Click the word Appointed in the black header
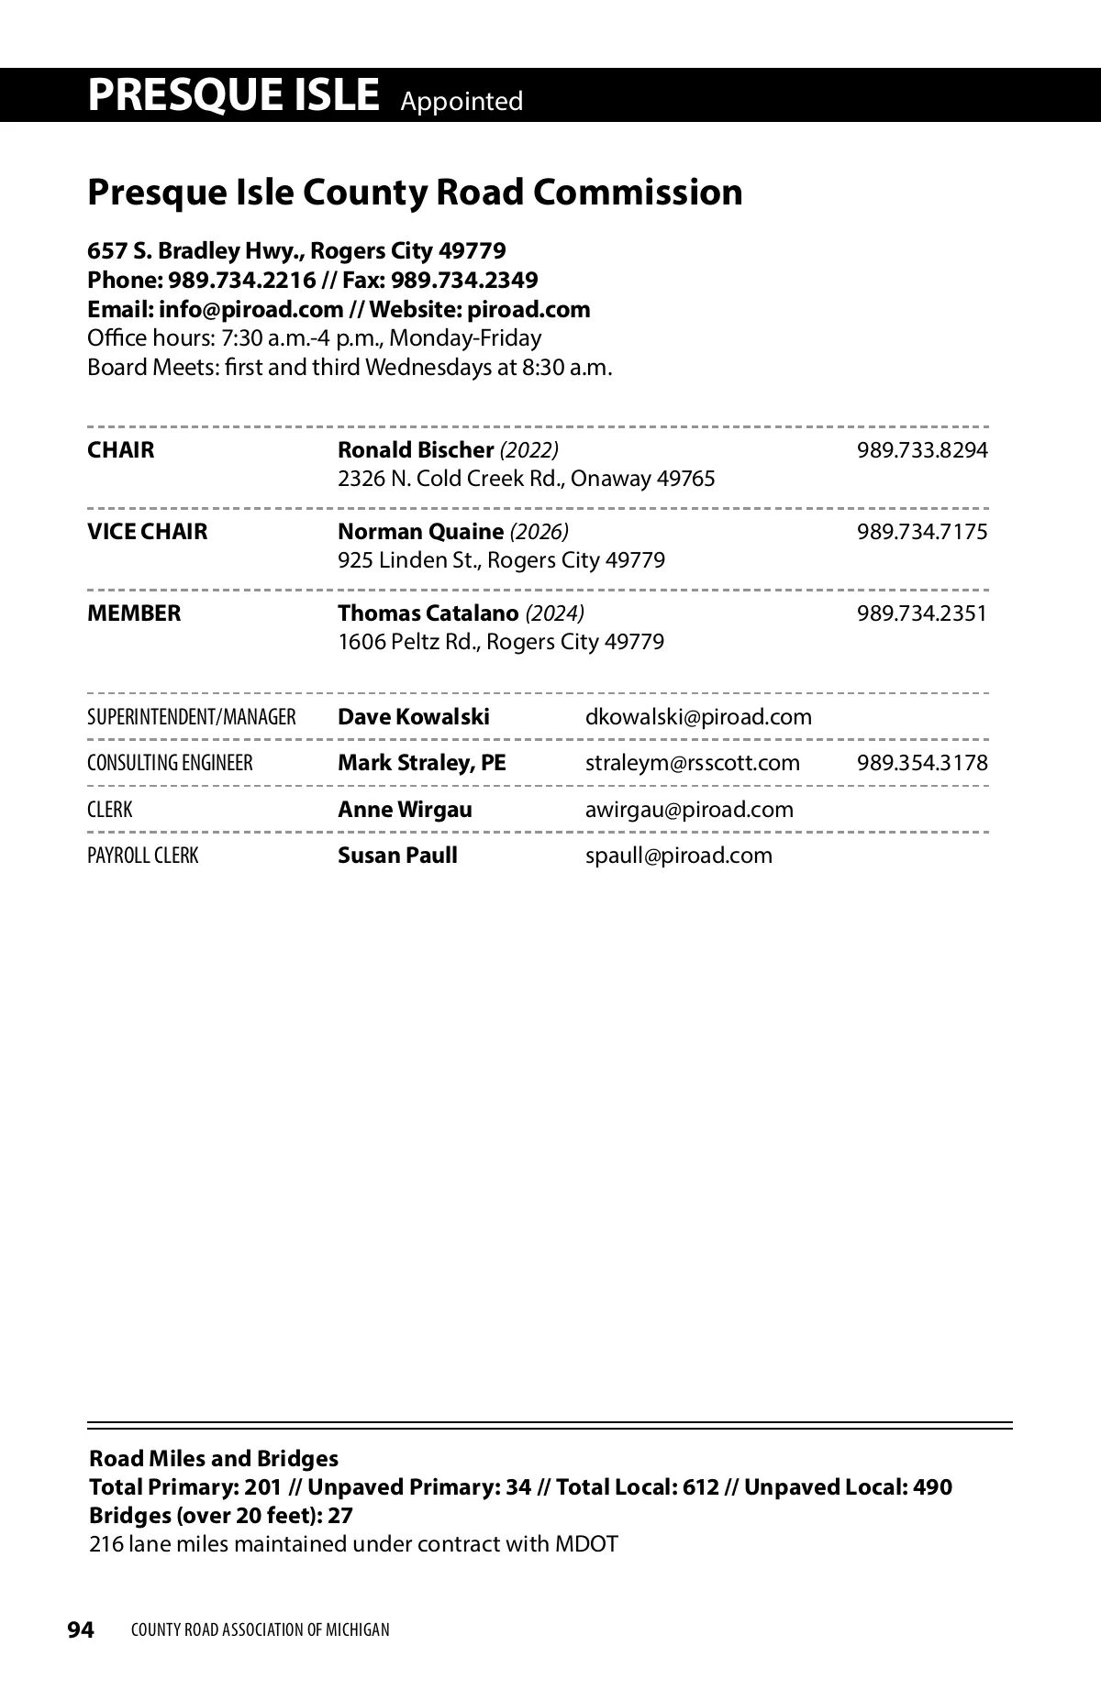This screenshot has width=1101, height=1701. click(x=462, y=101)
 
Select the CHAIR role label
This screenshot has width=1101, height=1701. click(x=121, y=450)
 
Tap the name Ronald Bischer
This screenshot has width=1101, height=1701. click(x=416, y=450)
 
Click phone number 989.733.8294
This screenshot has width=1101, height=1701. click(x=922, y=450)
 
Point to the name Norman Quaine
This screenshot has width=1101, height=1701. click(x=420, y=532)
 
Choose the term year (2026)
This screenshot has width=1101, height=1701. click(x=539, y=532)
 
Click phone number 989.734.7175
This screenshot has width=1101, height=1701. click(x=922, y=532)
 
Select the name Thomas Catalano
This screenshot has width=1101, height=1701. click(x=428, y=613)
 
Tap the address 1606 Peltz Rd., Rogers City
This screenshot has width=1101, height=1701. click(x=501, y=642)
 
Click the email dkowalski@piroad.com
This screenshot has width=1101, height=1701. click(x=698, y=717)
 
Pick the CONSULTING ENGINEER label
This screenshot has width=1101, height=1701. click(x=170, y=763)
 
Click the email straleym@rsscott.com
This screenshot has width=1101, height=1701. click(x=693, y=763)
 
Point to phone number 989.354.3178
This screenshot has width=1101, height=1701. click(x=922, y=763)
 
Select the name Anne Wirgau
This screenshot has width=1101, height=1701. click(x=405, y=810)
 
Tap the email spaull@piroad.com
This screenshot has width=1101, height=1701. click(x=679, y=856)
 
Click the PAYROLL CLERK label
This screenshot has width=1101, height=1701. click(x=142, y=856)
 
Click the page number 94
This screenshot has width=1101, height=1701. click(x=81, y=1629)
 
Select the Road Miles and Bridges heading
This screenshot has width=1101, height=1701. click(x=214, y=1459)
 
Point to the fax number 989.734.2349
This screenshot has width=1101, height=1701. click(x=465, y=280)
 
